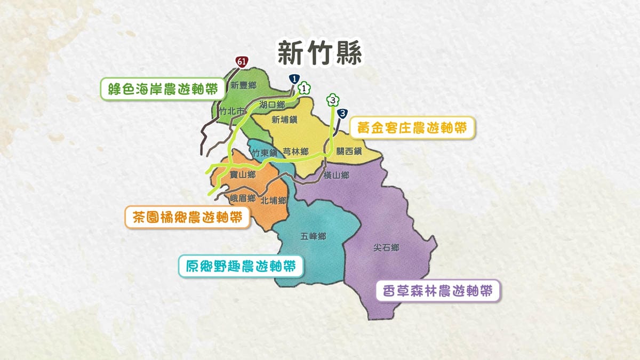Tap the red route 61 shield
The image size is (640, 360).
(x=242, y=62)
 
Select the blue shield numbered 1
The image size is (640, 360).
(x=293, y=79)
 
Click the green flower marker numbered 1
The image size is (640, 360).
(x=304, y=89)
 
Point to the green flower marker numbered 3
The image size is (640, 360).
(x=333, y=99)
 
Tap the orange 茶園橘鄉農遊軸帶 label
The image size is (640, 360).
(x=187, y=217)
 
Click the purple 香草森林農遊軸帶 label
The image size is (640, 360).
(x=438, y=291)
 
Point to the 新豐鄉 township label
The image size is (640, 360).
(x=243, y=85)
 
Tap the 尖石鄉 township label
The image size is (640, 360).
(x=386, y=247)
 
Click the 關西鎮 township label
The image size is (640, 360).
(x=349, y=151)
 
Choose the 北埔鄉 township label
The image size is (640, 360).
(x=274, y=201)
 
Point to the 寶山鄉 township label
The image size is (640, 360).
(x=243, y=174)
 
